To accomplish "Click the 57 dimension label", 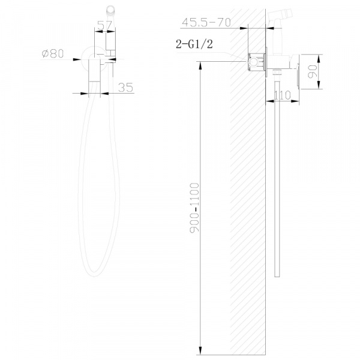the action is (x=104, y=25).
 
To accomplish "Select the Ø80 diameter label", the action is (x=53, y=54).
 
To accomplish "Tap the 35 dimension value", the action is (x=125, y=88).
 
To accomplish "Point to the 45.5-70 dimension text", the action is (x=206, y=23).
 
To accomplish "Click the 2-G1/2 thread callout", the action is (x=194, y=44).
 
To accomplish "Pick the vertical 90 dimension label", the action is (x=312, y=71).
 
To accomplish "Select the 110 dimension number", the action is (x=283, y=95).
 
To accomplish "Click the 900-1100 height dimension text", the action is (x=194, y=208).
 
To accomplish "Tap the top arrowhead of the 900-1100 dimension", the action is (x=200, y=65).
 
